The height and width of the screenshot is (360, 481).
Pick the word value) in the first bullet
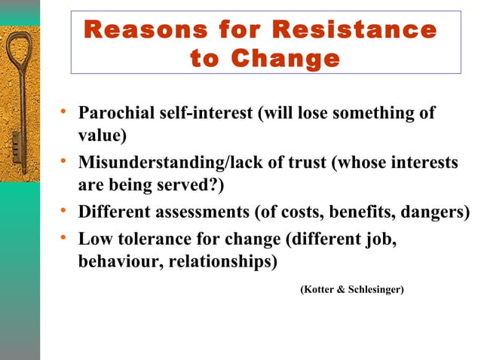point(102,136)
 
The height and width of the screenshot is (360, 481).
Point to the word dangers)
point(438,212)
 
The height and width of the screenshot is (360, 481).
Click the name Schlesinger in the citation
point(375,289)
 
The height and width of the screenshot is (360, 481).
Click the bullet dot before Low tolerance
point(66,239)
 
